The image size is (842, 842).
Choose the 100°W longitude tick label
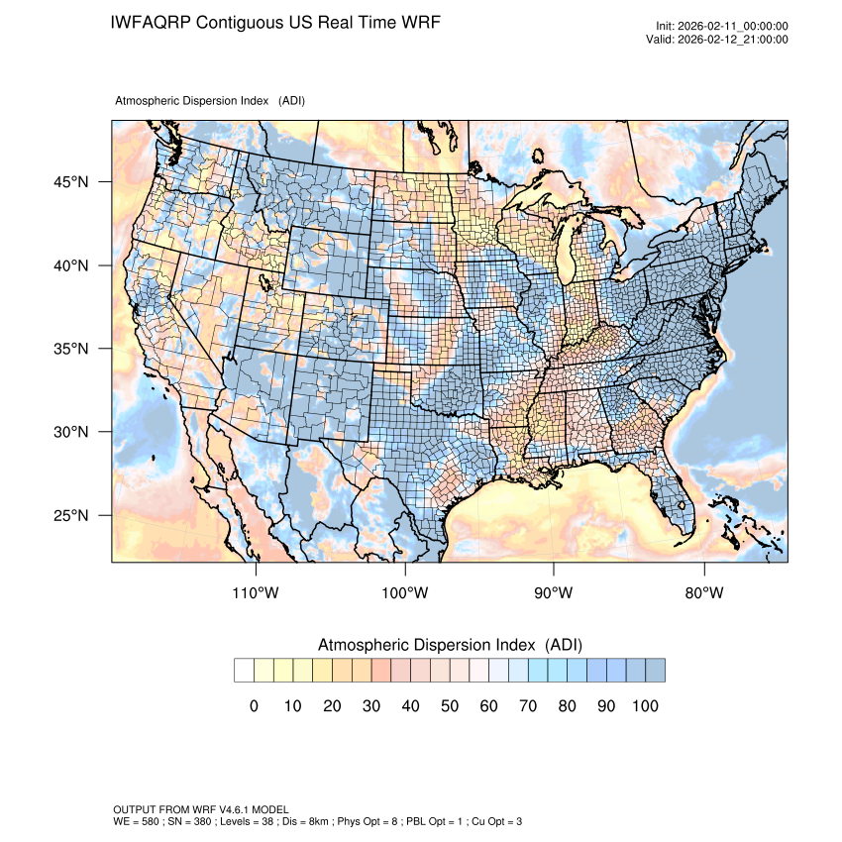point(405,593)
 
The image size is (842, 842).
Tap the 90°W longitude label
point(554,593)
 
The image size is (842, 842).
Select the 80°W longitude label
point(704,593)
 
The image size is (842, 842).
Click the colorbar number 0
point(254,706)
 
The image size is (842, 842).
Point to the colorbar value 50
point(450,706)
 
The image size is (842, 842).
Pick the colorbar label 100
point(644,706)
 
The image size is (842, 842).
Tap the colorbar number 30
point(371,706)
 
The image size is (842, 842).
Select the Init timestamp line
point(722,27)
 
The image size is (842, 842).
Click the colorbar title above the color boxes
point(450,645)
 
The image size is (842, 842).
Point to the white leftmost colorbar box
point(244,671)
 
